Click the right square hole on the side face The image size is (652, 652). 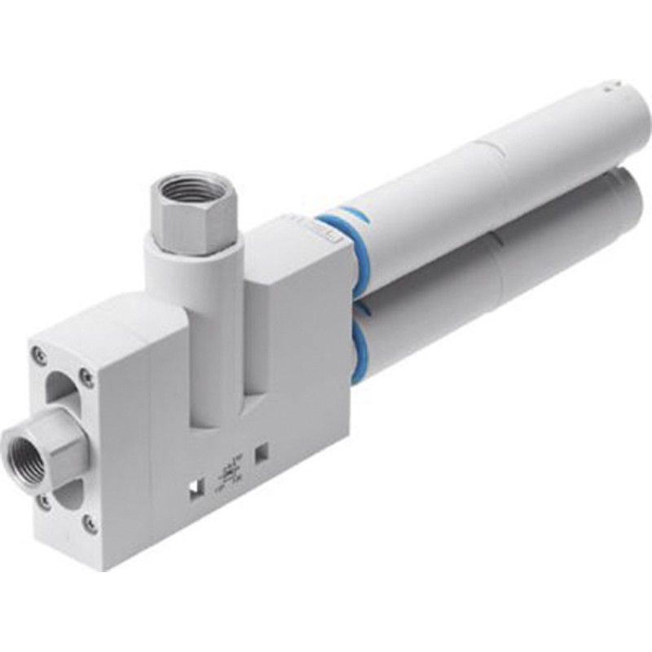[262, 449]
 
